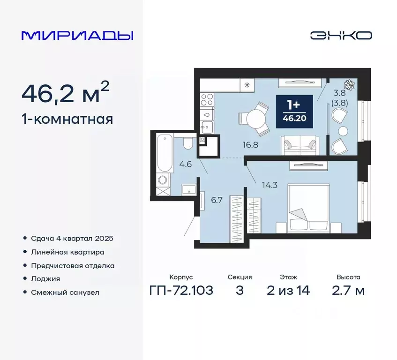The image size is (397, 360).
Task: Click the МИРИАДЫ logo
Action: pos(77,36)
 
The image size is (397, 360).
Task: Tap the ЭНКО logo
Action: pos(341,35)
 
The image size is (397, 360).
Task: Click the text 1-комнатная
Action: pos(67,119)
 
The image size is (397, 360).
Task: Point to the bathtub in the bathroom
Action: pos(163,153)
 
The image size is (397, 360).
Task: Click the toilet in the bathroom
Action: pos(187,142)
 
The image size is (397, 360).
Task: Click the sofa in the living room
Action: pos(300,144)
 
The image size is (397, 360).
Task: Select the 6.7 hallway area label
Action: pos(216,200)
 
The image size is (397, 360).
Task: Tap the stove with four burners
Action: pos(207,100)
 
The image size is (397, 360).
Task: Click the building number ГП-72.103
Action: pos(181,291)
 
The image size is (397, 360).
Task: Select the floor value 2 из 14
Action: pos(288,291)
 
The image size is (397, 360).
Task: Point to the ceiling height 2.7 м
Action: pos(348,291)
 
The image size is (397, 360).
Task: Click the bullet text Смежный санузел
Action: pos(65,292)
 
